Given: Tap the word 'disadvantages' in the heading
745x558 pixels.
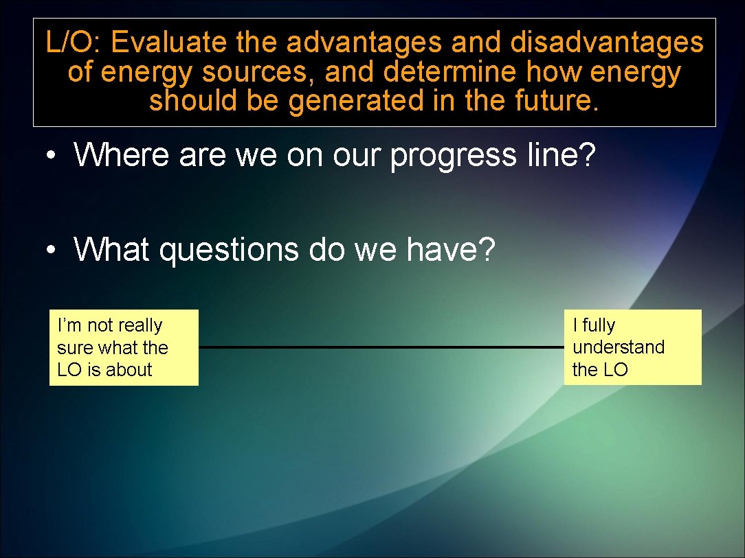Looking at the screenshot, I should (607, 43).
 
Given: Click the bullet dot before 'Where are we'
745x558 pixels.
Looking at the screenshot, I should (51, 156).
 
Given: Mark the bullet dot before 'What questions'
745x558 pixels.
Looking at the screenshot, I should (51, 251).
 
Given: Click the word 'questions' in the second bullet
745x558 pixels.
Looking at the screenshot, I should (230, 251).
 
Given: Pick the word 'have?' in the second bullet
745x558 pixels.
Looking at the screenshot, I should (450, 249).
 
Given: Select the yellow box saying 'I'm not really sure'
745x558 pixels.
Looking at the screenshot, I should (124, 347).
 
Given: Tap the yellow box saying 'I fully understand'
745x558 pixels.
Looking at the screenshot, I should (632, 347).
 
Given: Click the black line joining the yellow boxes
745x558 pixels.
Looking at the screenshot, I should (381, 347).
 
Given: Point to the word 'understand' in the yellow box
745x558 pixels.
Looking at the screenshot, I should (619, 347).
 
